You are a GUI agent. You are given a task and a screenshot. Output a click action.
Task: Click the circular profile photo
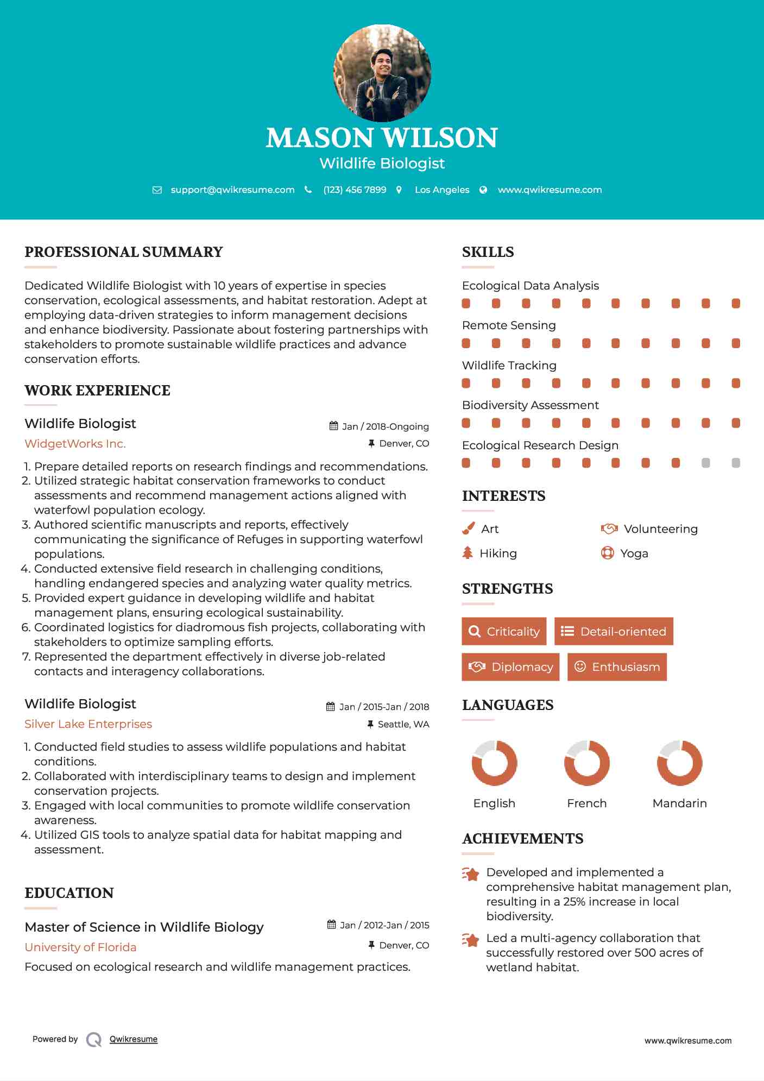pyautogui.click(x=382, y=73)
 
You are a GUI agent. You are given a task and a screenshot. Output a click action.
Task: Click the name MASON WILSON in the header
pyautogui.click(x=382, y=138)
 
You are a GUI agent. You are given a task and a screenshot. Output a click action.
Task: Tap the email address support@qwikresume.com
pyautogui.click(x=232, y=190)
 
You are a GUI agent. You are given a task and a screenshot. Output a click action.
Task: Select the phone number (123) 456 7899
pyautogui.click(x=355, y=190)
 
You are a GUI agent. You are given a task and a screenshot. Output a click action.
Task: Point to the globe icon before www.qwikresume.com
pyautogui.click(x=483, y=190)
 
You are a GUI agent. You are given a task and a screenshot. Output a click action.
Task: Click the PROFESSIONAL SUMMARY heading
pyautogui.click(x=124, y=252)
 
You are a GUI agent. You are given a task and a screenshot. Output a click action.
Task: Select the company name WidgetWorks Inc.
pyautogui.click(x=75, y=444)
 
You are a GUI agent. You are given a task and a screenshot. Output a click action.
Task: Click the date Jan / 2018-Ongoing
pyautogui.click(x=385, y=426)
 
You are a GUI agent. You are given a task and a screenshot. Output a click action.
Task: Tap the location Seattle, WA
pyautogui.click(x=403, y=724)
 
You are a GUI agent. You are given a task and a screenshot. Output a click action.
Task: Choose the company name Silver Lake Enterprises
pyautogui.click(x=88, y=724)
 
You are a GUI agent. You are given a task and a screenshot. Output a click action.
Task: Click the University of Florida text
pyautogui.click(x=80, y=947)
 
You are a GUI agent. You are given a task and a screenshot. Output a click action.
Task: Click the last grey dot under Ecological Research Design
pyautogui.click(x=736, y=463)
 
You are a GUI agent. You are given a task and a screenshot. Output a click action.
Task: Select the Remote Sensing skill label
pyautogui.click(x=509, y=325)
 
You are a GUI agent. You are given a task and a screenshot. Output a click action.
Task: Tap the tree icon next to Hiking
pyautogui.click(x=468, y=553)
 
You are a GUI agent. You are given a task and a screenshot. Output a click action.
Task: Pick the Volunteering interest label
pyautogui.click(x=660, y=529)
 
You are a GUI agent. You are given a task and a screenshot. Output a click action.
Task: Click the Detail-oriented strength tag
pyautogui.click(x=614, y=631)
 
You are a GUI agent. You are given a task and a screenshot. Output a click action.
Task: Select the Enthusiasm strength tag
pyautogui.click(x=617, y=667)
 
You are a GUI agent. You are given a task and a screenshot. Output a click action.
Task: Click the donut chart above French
pyautogui.click(x=586, y=763)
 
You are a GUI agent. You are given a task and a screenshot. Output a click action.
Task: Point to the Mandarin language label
pyautogui.click(x=679, y=803)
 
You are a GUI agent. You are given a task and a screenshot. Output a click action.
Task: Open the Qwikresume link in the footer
pyautogui.click(x=134, y=1039)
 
